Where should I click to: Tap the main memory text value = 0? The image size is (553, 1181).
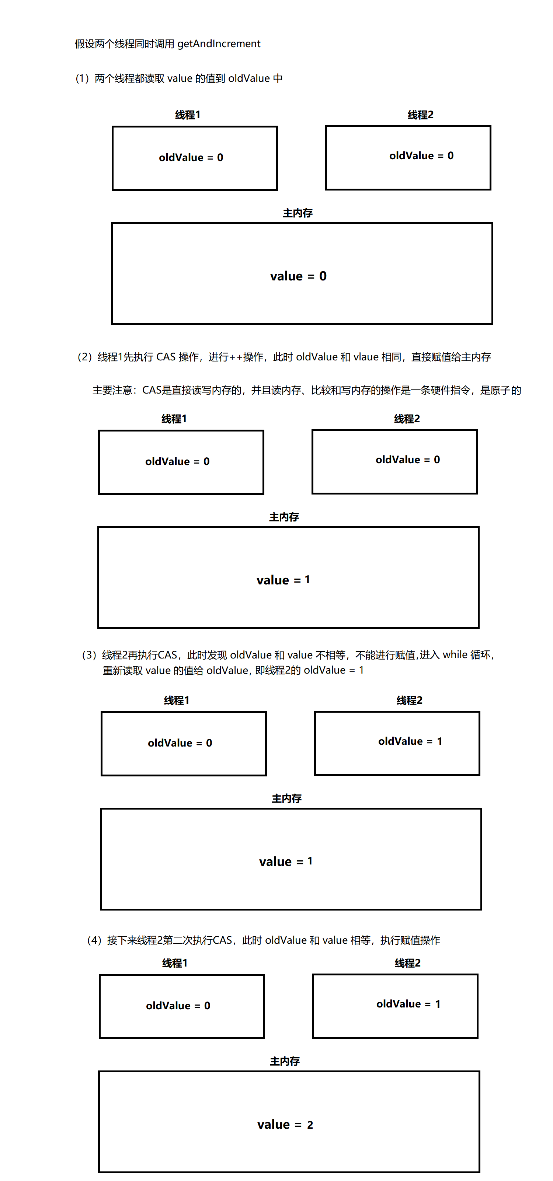click(298, 276)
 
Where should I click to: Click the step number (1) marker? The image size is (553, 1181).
click(82, 78)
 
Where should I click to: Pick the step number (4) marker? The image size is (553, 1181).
click(94, 940)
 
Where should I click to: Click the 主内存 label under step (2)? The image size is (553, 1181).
click(284, 517)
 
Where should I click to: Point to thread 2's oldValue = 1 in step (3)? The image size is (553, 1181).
click(410, 741)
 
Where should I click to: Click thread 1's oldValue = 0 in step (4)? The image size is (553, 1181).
click(178, 1005)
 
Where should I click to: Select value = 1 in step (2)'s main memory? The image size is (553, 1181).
click(283, 580)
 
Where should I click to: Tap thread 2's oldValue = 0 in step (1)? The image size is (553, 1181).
click(421, 156)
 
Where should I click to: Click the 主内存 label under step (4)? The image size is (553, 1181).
click(285, 1061)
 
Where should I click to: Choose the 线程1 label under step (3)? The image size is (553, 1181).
click(177, 700)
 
